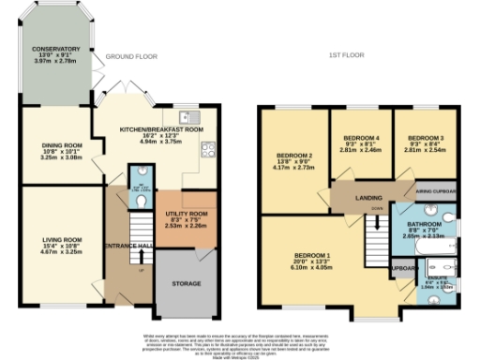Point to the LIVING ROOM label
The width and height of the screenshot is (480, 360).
[x=60, y=240]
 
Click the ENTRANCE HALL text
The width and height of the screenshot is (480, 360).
[x=131, y=246]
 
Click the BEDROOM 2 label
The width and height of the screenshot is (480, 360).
[x=294, y=155]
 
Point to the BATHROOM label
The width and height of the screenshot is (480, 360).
[x=425, y=225]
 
